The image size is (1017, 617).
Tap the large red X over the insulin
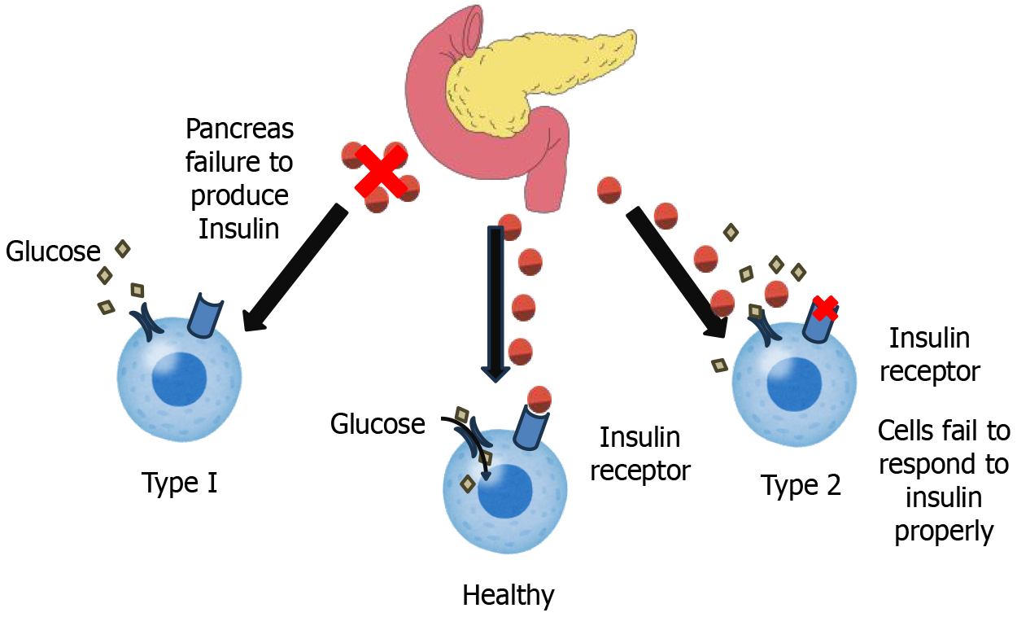pos(381,172)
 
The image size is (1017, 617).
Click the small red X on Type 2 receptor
pos(825,308)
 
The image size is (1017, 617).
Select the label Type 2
pos(801,486)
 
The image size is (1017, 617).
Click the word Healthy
pos(508,595)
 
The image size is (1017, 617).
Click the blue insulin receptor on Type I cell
pos(204,316)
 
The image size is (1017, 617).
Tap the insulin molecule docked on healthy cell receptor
pos(539,398)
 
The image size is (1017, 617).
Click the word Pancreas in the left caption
pos(239,129)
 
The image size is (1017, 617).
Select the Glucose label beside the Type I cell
pos(53,252)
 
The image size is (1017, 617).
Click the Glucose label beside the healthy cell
pos(378,424)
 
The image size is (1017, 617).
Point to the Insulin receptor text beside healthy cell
pos(640,453)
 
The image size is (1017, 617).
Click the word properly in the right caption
pos(944,531)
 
